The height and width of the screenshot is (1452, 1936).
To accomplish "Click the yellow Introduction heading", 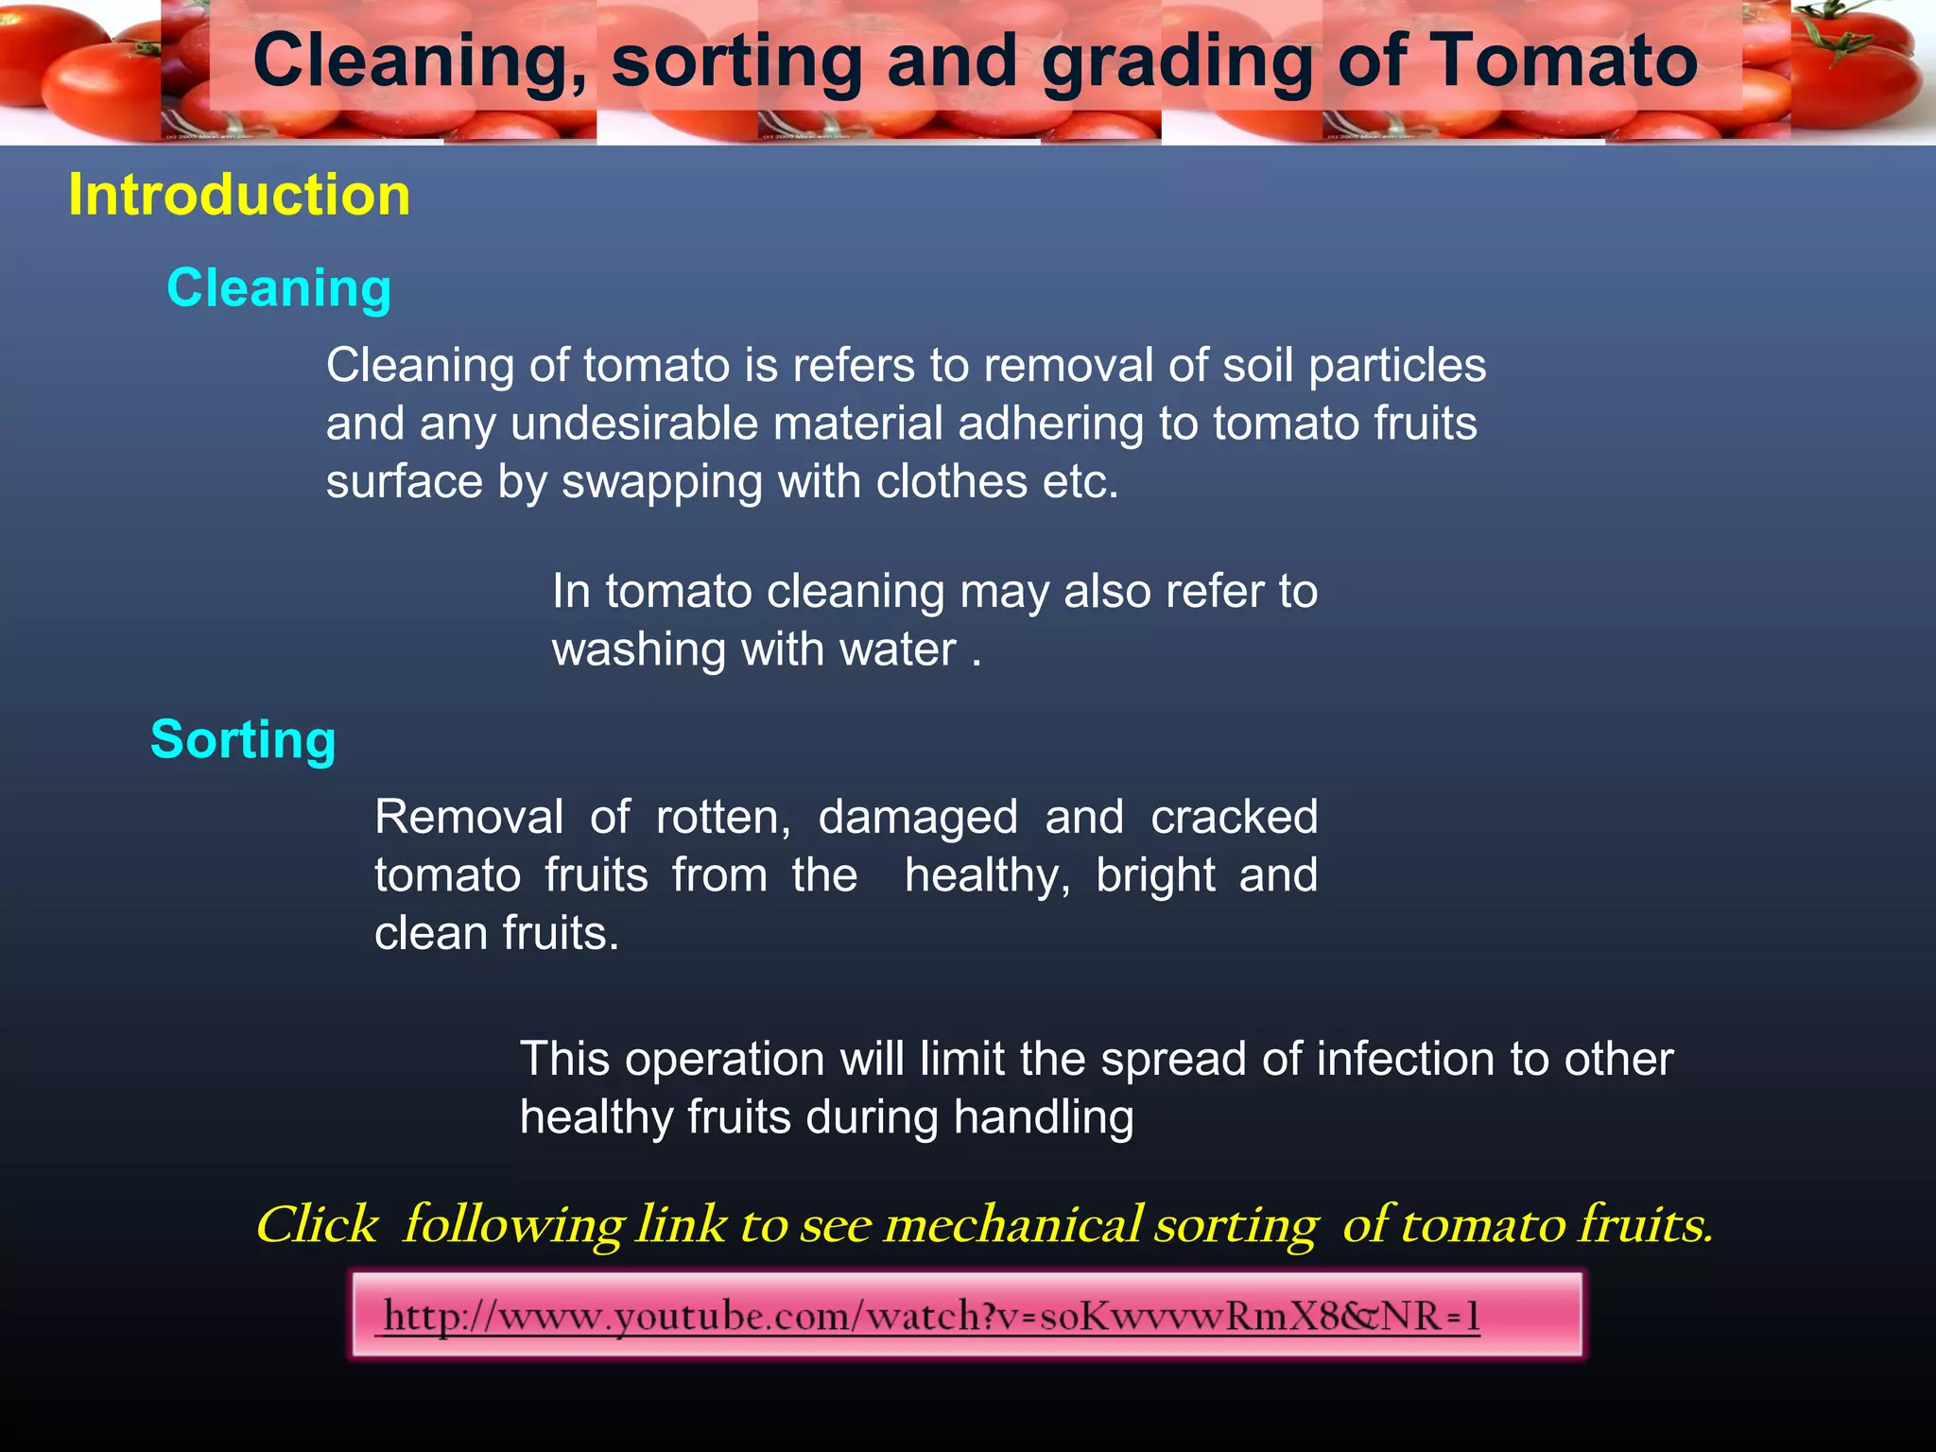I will pyautogui.click(x=239, y=195).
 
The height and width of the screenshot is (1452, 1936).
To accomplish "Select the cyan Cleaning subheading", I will pyautogui.click(x=279, y=288).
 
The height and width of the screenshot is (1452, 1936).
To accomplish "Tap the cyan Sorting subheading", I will pyautogui.click(x=243, y=739).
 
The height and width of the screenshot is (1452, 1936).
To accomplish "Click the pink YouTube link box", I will pyautogui.click(x=966, y=1315).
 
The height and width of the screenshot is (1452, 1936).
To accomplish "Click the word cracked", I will pyautogui.click(x=1234, y=817).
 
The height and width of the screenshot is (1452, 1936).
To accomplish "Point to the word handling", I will pyautogui.click(x=1044, y=1117).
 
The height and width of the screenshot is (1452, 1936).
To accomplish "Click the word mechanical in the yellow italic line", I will pyautogui.click(x=1012, y=1225).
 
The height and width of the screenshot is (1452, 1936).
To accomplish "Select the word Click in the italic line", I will pyautogui.click(x=317, y=1225).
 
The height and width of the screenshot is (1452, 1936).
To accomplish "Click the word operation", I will pyautogui.click(x=724, y=1059).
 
